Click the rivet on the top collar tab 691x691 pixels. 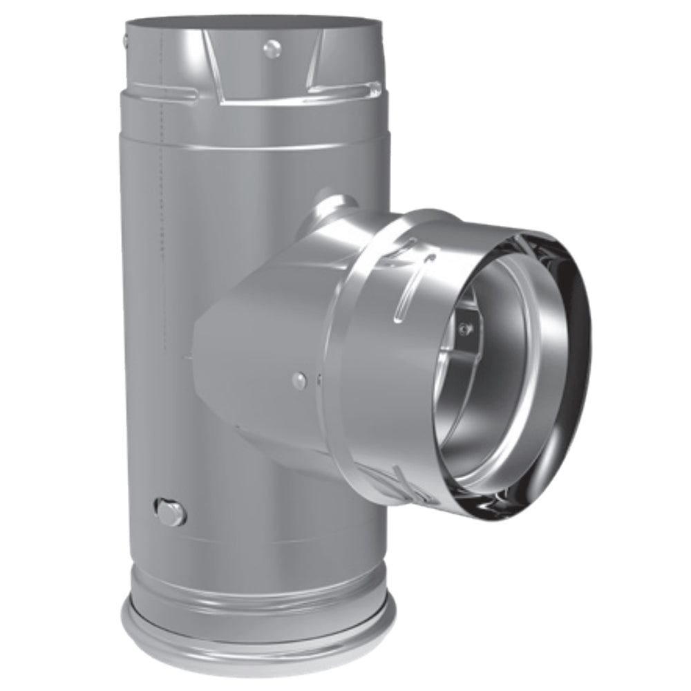point(273,48)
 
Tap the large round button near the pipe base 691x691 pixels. point(170,512)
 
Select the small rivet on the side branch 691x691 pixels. point(299,379)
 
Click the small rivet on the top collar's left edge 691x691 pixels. point(126,41)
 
